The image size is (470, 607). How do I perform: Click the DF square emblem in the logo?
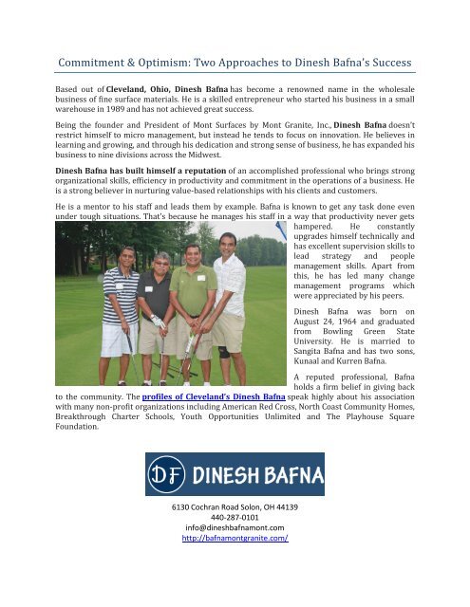[x=168, y=474]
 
